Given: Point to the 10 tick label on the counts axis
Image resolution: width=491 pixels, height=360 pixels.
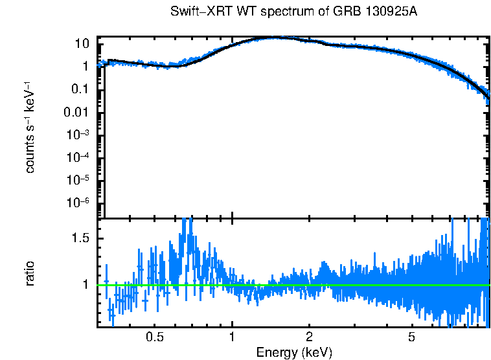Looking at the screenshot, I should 82,44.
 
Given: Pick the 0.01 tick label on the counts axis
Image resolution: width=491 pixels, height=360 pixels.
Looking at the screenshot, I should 78,112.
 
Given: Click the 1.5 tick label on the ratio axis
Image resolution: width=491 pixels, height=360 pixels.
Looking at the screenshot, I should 81,238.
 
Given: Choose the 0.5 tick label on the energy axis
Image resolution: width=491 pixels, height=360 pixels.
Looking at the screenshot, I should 154,337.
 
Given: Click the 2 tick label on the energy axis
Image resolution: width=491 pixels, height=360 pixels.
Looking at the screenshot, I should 310,337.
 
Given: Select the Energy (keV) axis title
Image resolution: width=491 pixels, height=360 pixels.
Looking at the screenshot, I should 294,352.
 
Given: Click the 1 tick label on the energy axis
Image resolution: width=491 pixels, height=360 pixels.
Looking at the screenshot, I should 232,337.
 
